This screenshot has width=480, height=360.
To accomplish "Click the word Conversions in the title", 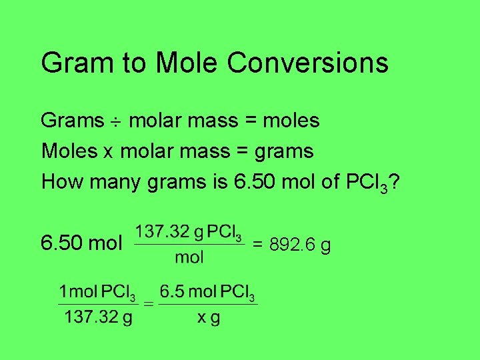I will click(307, 63).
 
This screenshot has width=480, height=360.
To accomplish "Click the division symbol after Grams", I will click(115, 122).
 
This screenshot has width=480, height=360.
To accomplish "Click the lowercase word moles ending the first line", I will click(291, 121).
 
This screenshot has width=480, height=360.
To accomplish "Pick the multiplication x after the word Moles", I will click(109, 153).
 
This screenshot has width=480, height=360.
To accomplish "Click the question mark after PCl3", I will click(395, 181).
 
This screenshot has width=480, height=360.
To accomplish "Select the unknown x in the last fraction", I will click(201, 317).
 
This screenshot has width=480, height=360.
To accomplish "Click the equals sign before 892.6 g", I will click(258, 246).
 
